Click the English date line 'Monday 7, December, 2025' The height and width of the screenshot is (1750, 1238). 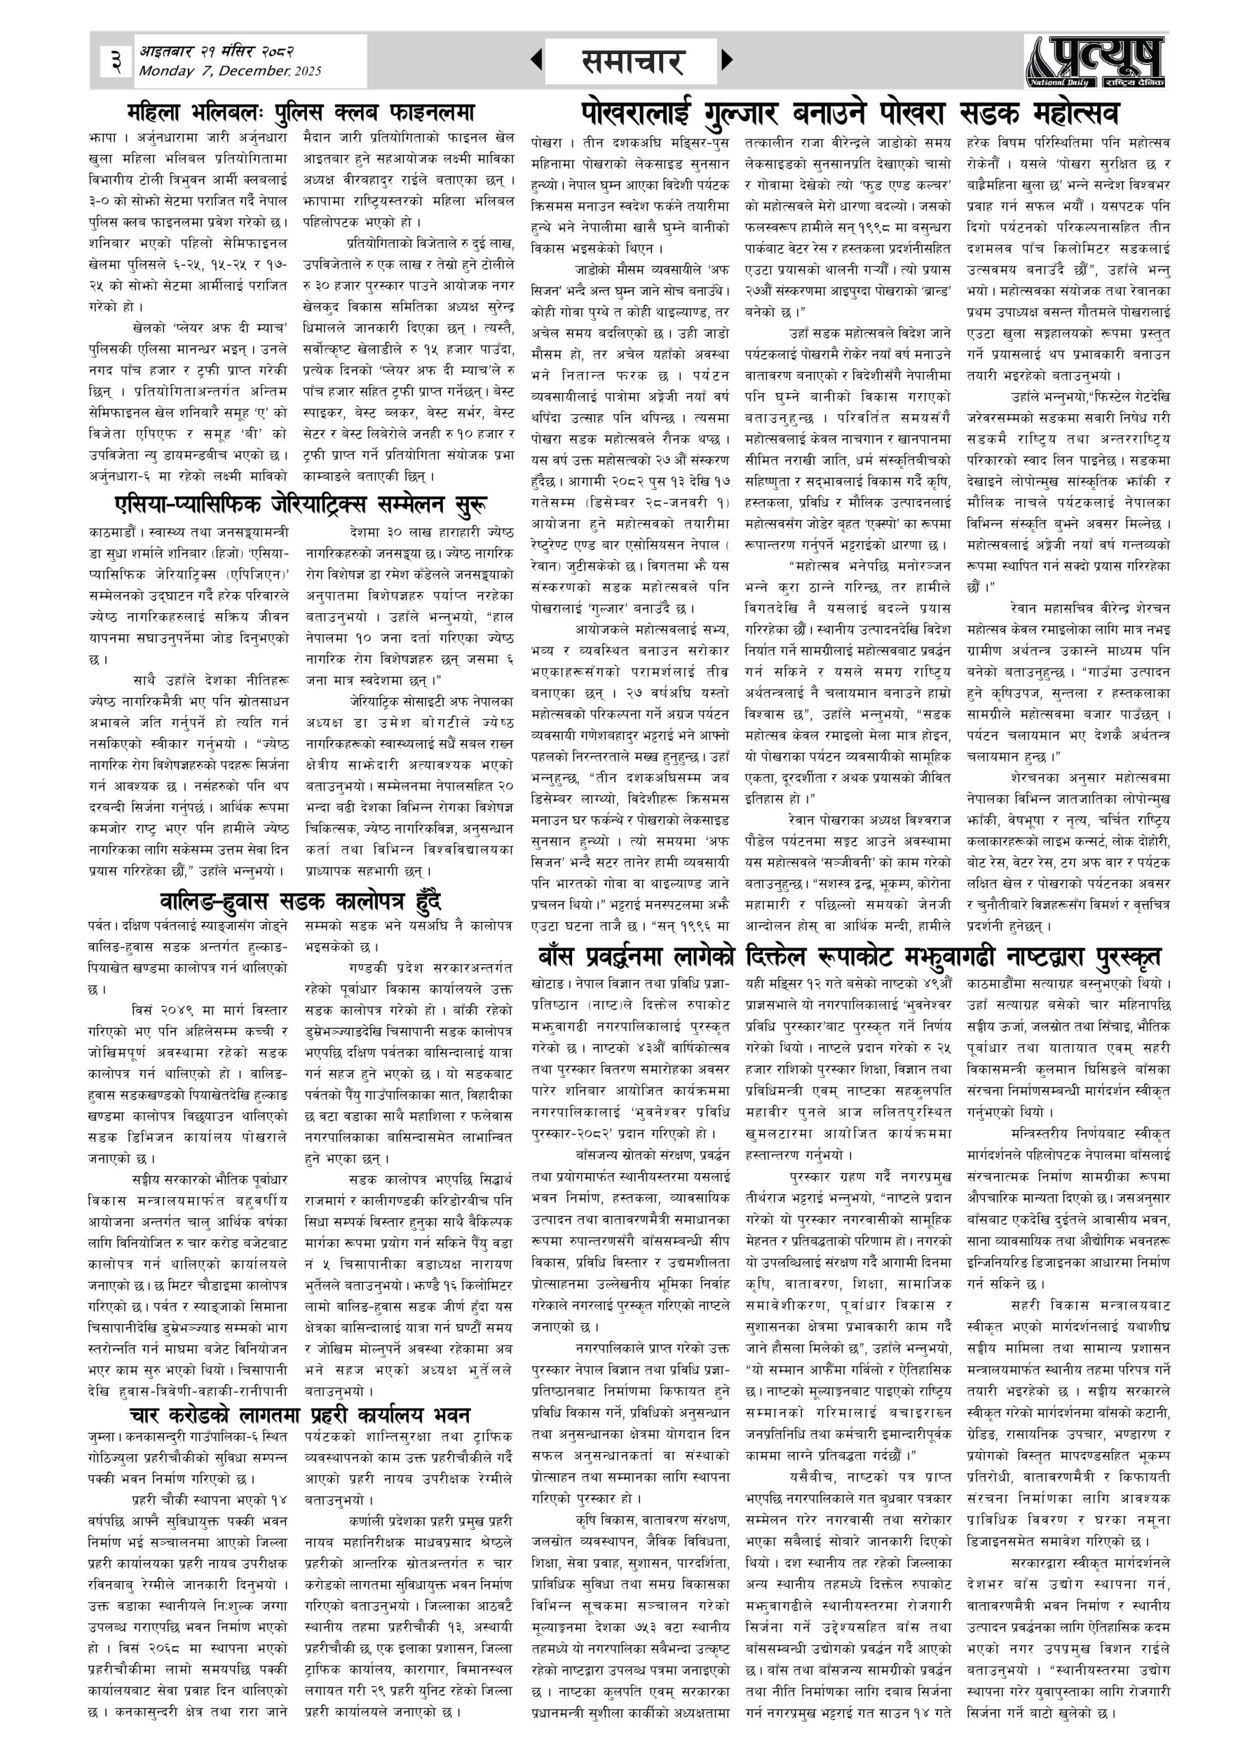click(230, 72)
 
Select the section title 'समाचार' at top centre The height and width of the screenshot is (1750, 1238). click(631, 62)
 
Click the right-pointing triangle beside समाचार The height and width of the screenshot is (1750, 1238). click(727, 59)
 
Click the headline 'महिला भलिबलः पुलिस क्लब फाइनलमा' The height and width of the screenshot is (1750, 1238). click(301, 113)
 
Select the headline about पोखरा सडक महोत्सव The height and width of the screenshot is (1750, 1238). click(849, 113)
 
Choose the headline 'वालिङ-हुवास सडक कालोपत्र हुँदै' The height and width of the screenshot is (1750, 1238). click(301, 900)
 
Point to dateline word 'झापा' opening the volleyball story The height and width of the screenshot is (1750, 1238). click(101, 139)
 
